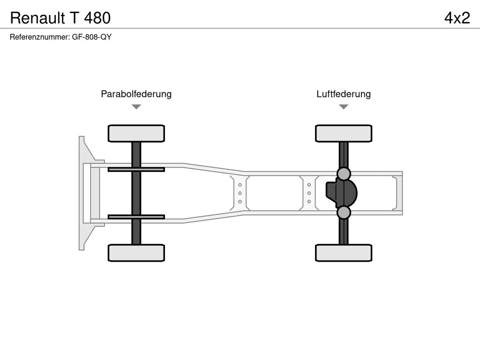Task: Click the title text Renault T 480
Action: [60, 18]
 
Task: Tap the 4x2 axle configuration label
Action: [457, 18]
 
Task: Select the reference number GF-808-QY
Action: [91, 37]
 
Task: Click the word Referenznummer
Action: [40, 37]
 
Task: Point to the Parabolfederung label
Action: [136, 94]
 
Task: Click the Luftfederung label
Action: [344, 94]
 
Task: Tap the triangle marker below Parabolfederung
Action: [136, 107]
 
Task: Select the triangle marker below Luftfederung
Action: [344, 107]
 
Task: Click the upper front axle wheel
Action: [136, 134]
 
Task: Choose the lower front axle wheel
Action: [136, 253]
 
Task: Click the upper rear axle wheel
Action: [344, 134]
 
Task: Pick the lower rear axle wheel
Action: [344, 253]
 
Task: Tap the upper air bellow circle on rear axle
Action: [344, 174]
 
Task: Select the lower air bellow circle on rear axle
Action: [344, 212]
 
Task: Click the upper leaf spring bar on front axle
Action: [136, 170]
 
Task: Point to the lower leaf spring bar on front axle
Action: [136, 217]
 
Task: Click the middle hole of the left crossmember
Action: [240, 193]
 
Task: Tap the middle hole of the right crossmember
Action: [309, 193]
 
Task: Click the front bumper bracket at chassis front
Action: [91, 193]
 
